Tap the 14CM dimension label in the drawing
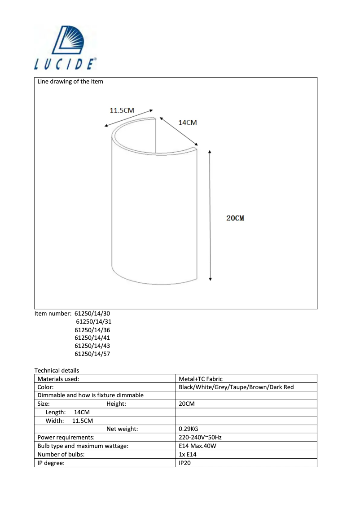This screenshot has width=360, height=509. [188, 123]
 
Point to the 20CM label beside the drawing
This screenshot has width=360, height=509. [235, 218]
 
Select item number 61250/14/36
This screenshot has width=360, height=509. [92, 329]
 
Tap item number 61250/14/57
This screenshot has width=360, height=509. [92, 354]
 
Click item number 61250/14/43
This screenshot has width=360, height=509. [92, 346]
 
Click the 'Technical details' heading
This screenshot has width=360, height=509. [57, 370]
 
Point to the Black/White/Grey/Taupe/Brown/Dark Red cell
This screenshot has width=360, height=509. [236, 387]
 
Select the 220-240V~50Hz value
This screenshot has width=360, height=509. [201, 437]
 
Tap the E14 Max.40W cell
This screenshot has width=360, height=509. [198, 446]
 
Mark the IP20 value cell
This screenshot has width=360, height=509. [185, 462]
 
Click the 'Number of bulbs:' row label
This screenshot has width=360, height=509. [61, 454]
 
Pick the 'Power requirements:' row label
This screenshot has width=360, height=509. [66, 437]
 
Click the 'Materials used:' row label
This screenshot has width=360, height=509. [58, 379]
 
